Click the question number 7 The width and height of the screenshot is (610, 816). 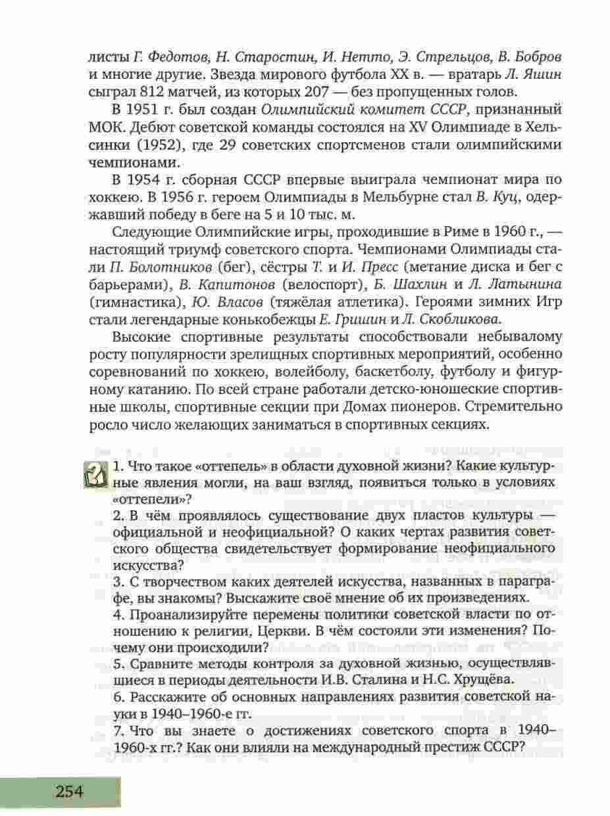(x=117, y=731)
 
